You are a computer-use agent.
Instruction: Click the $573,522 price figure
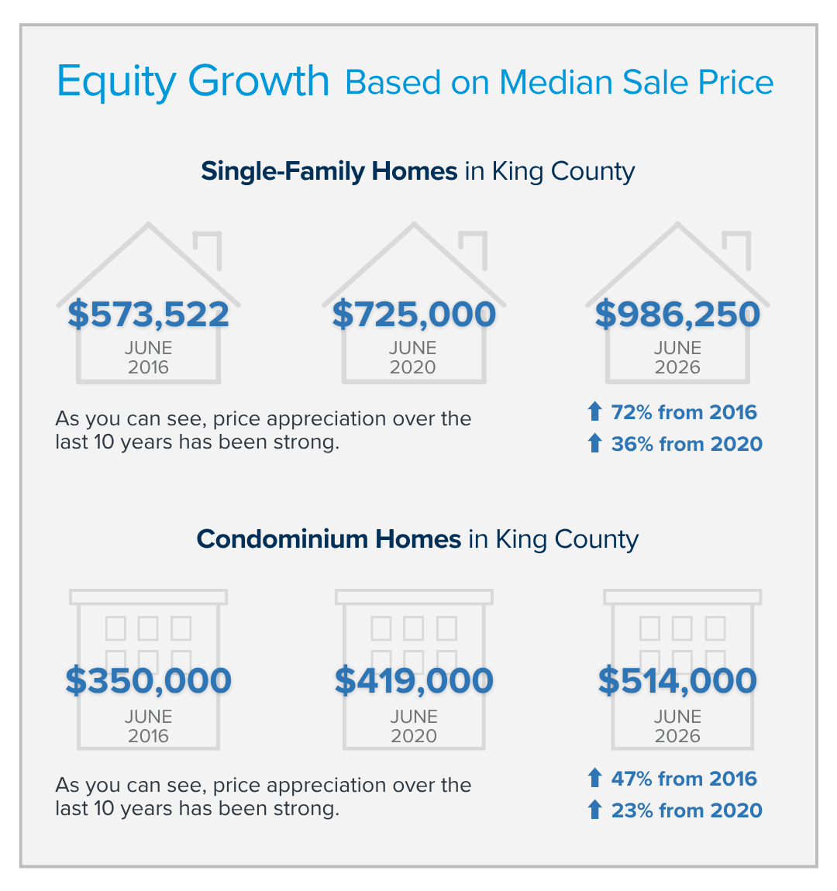[x=148, y=315]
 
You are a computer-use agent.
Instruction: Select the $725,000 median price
[x=414, y=315]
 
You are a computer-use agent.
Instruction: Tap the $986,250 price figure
[x=677, y=315]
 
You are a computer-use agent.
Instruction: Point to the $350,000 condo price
[x=148, y=681]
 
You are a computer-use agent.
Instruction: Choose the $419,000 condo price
[x=414, y=681]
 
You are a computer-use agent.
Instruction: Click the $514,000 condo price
[x=677, y=681]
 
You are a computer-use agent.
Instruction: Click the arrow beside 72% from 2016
[x=595, y=411]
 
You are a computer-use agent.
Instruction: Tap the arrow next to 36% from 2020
[x=595, y=443]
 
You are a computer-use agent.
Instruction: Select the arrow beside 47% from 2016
[x=595, y=778]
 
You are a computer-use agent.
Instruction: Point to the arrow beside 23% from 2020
[x=595, y=810]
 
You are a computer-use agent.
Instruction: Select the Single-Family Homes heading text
[x=329, y=171]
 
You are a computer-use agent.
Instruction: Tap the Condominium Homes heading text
[x=329, y=538]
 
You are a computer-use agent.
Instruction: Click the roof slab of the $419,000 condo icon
[x=414, y=597]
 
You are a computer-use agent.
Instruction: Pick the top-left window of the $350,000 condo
[x=116, y=628]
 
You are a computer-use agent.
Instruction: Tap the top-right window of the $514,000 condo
[x=715, y=628]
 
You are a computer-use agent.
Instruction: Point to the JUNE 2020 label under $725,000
[x=413, y=357]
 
